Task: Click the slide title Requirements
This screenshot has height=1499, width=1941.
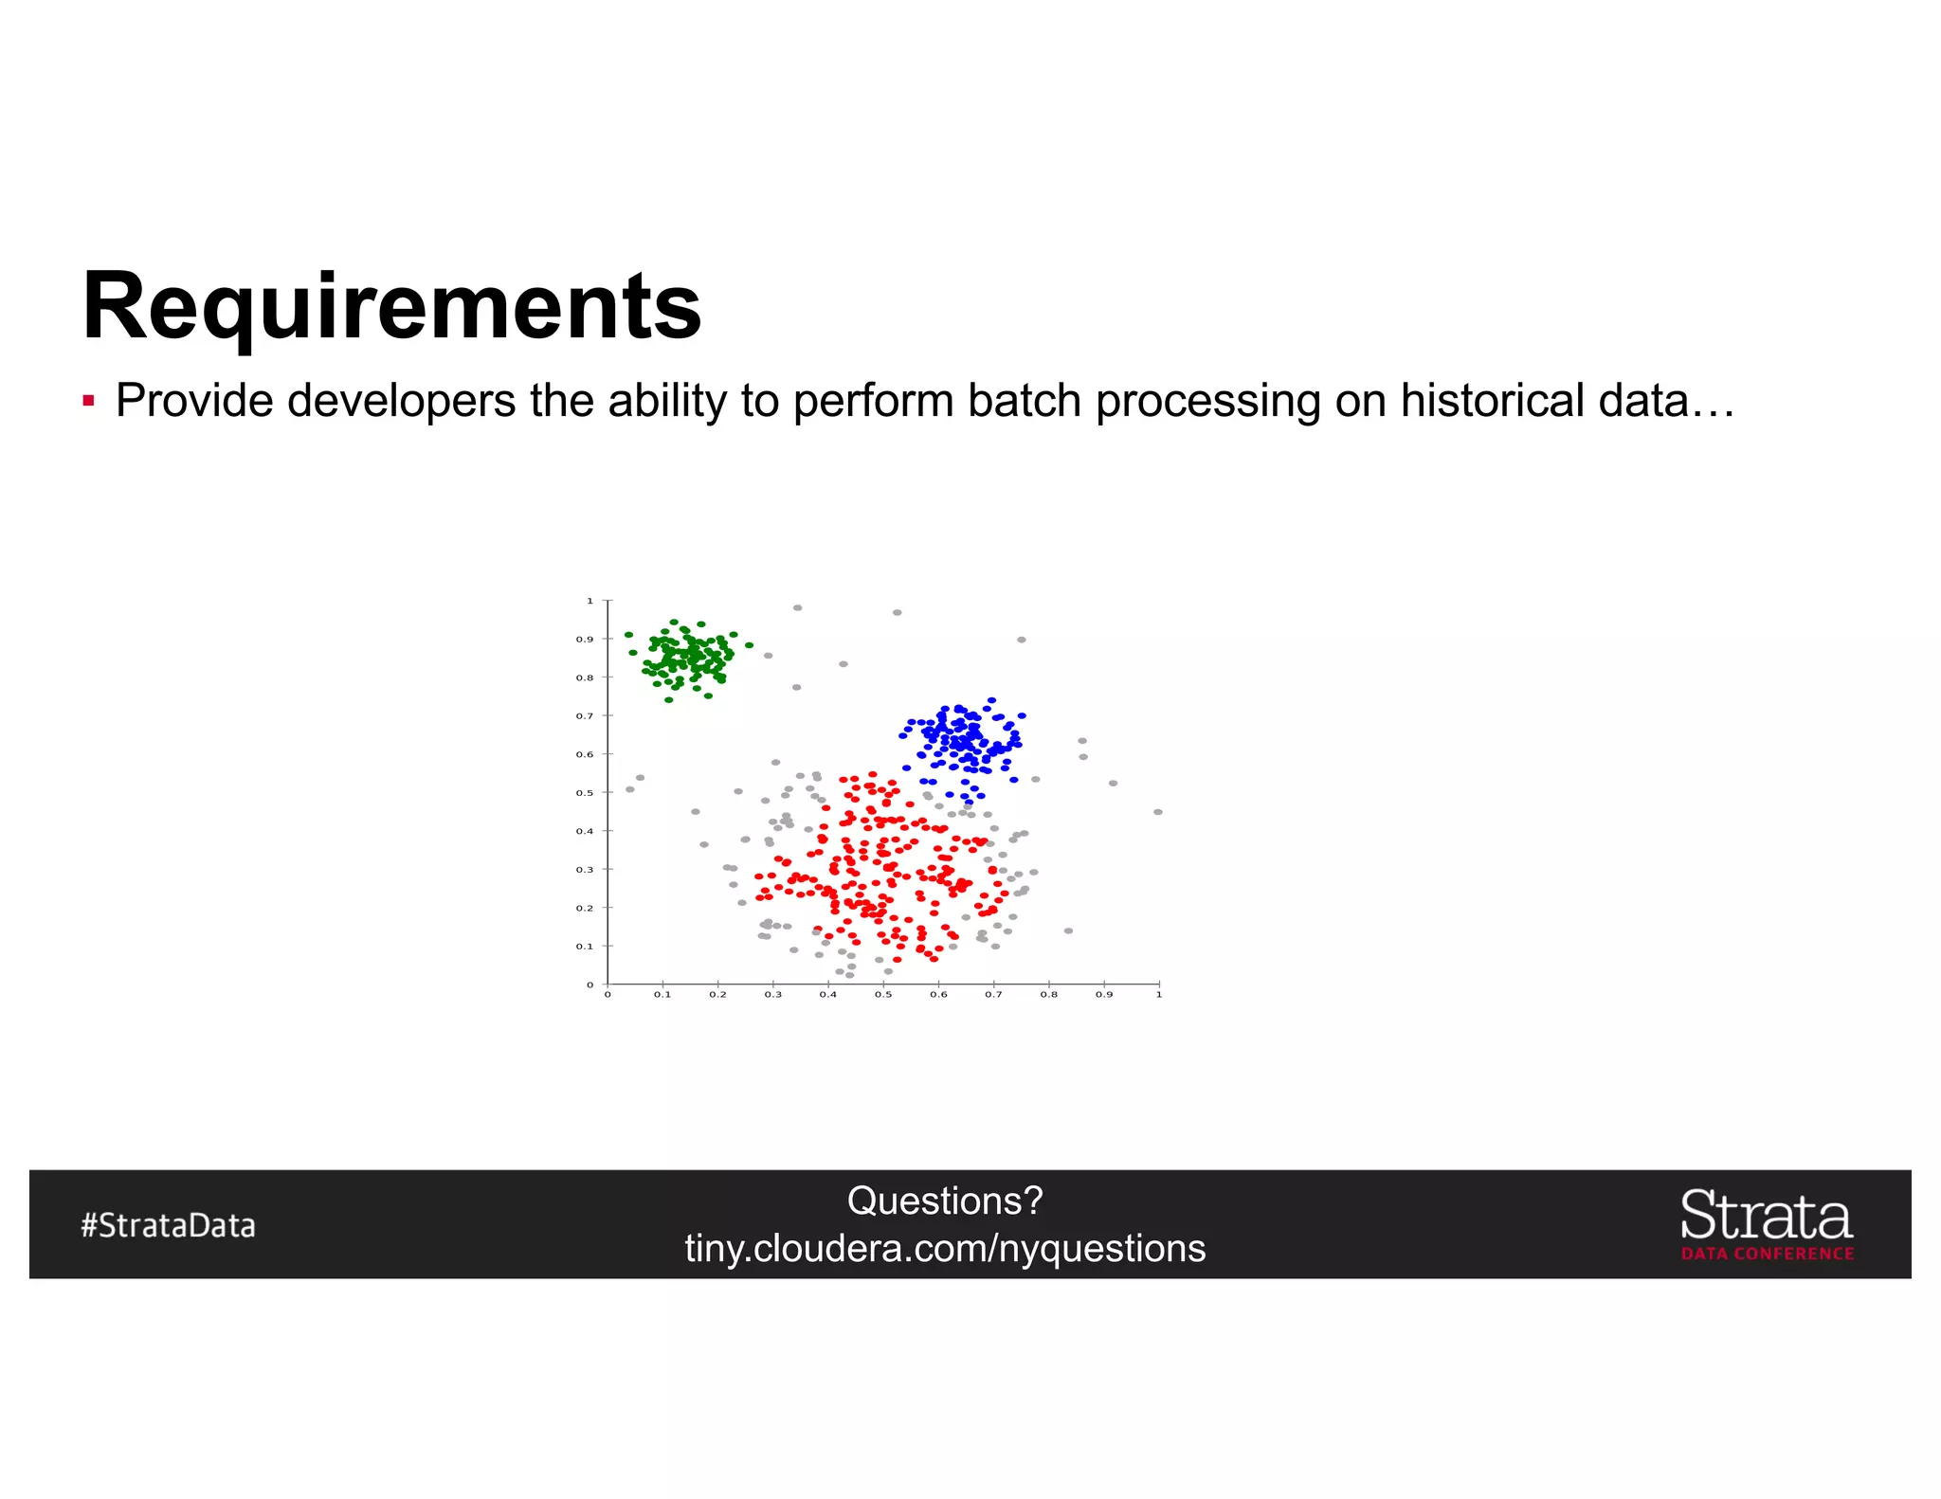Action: click(x=391, y=306)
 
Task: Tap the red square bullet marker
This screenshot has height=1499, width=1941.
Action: click(x=88, y=401)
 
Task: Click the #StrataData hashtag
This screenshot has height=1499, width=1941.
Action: click(x=168, y=1225)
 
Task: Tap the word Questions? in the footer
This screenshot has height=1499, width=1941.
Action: click(x=945, y=1201)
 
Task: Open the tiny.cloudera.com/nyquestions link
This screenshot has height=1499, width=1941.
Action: click(x=945, y=1248)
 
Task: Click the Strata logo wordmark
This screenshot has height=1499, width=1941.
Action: click(x=1766, y=1217)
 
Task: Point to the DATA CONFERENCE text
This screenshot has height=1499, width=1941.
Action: click(x=1768, y=1254)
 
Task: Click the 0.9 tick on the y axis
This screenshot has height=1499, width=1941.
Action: click(x=585, y=640)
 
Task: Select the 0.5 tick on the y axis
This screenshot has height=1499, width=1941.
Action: click(x=585, y=793)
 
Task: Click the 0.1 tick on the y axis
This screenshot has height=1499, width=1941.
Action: click(x=585, y=947)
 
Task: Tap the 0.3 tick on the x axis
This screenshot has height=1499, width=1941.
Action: click(x=773, y=995)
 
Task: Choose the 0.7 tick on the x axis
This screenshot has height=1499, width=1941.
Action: click(x=993, y=995)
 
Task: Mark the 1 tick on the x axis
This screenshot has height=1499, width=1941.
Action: click(x=1158, y=995)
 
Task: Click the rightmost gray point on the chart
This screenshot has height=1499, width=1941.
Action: click(x=1157, y=812)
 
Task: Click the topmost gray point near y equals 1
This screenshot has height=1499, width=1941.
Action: click(x=797, y=607)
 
